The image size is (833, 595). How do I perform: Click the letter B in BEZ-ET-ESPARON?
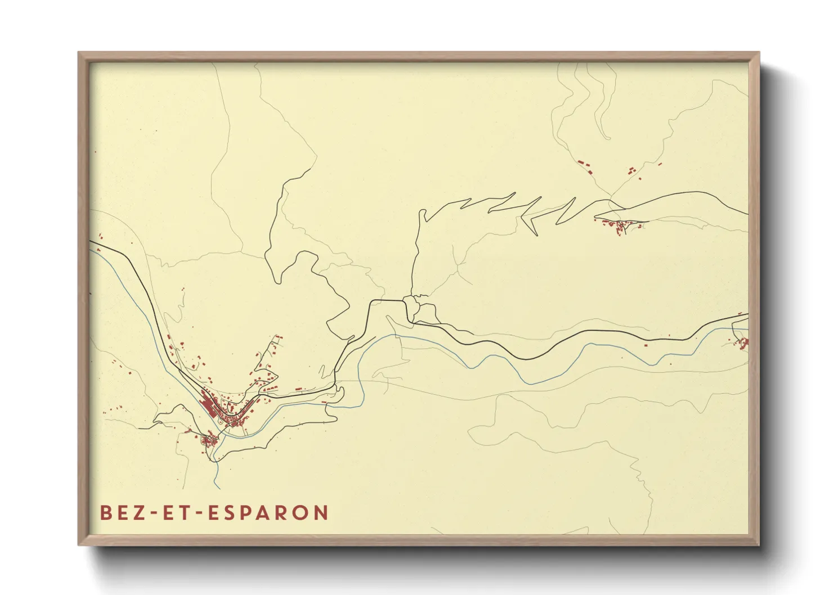click(x=105, y=513)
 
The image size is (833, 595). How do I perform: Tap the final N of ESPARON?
click(x=321, y=513)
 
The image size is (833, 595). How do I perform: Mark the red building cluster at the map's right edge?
click(x=744, y=342)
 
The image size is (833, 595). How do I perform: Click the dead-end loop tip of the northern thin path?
click(x=608, y=138)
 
